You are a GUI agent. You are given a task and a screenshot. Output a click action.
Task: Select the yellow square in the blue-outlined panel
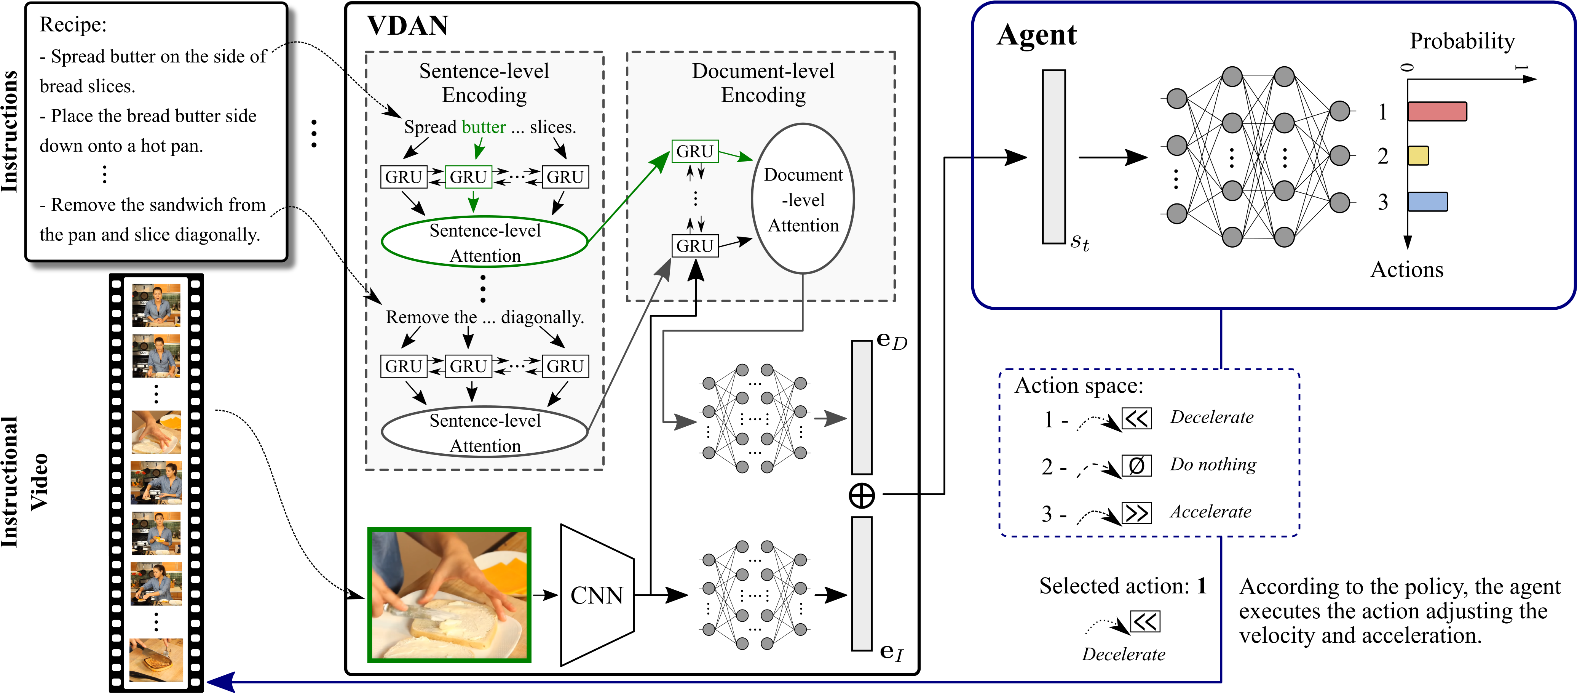pos(1418,156)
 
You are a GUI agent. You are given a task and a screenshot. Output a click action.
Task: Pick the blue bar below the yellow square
pos(1427,202)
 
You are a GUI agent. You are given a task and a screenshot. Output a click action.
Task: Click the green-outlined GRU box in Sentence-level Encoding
pos(468,177)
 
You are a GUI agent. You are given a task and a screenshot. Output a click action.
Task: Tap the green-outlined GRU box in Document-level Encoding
pos(695,151)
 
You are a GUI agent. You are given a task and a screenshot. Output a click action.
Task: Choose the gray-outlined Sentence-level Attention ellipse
pos(485,432)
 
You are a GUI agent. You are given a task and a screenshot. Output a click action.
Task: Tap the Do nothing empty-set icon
pos(1136,466)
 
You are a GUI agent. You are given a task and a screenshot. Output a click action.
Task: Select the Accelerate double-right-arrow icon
pos(1136,513)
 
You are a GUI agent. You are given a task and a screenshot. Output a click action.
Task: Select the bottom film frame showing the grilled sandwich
pos(156,660)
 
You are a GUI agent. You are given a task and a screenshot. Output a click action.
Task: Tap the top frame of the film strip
pos(156,304)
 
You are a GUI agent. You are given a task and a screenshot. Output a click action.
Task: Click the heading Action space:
pos(1079,386)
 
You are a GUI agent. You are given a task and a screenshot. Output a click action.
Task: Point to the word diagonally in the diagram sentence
pos(543,317)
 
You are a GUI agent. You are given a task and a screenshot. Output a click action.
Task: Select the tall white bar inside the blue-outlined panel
pos(1053,157)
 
